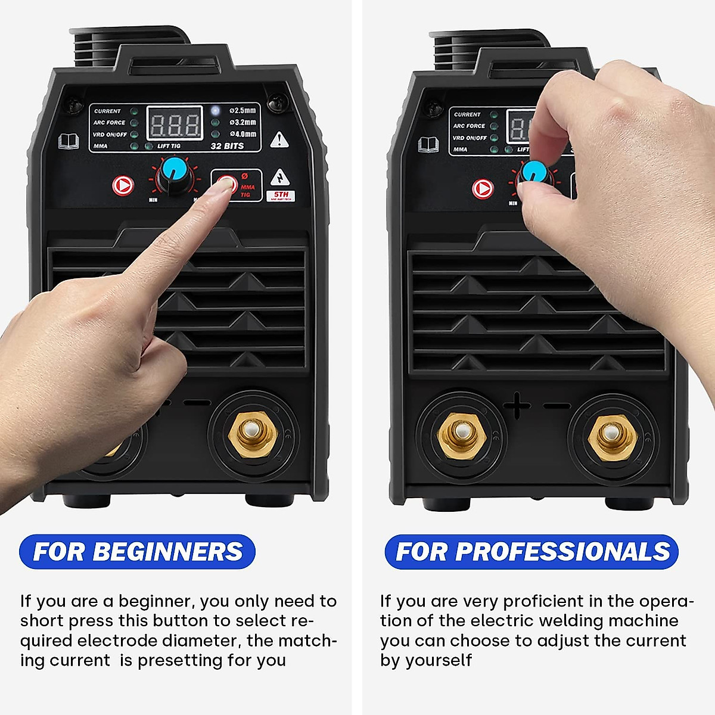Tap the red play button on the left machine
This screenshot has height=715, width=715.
pos(123,186)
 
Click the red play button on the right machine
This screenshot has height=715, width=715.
pos(483,189)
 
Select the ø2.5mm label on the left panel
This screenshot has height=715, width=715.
pos(243,111)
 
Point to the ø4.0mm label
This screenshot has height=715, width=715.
pos(243,134)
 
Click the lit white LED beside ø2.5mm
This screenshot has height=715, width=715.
pos(215,110)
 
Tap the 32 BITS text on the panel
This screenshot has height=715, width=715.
pos(227,146)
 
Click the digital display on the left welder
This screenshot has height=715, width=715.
pos(175,125)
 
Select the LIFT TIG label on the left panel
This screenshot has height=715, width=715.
pos(169,146)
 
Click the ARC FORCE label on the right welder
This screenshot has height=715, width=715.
pos(469,126)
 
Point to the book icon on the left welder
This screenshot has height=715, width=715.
pos(69,141)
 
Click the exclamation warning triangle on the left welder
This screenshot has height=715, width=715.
pos(279,140)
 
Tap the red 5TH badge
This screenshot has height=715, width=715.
pos(281,195)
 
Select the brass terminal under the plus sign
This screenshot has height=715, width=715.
pos(459,433)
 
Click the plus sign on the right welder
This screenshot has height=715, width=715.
pos(517,406)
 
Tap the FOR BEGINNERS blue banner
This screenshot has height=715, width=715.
pos(138,551)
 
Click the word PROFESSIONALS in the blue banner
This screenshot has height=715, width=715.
pos(562,551)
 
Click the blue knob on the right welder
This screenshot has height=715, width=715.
pos(530,173)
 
